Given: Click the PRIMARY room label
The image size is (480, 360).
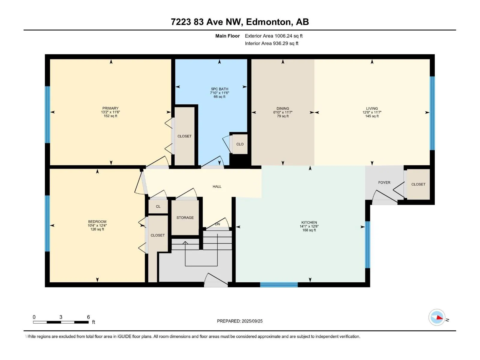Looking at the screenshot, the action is click(110, 108).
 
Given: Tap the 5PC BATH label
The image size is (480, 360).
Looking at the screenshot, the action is click(219, 89).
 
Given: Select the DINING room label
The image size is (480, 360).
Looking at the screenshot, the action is click(283, 108).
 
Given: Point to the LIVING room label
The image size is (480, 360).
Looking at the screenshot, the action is click(372, 108).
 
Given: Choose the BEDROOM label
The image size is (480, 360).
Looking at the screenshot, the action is click(97, 222).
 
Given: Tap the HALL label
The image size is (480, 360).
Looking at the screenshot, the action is click(217, 186).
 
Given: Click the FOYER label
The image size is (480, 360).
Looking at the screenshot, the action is click(384, 182).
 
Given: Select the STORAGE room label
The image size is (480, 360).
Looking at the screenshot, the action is click(185, 217).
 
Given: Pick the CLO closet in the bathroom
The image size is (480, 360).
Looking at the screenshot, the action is click(240, 144).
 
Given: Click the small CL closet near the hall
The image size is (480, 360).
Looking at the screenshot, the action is click(158, 206).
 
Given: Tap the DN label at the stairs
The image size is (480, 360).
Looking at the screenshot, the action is click(217, 224).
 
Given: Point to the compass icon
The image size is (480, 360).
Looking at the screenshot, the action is click(436, 317).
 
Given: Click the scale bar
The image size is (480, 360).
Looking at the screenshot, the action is click(61, 322).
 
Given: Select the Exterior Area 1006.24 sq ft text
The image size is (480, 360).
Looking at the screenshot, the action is click(274, 36).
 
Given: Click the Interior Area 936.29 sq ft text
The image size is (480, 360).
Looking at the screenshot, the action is click(271, 43).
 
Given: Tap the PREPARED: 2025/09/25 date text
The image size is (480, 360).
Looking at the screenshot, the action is click(240, 321).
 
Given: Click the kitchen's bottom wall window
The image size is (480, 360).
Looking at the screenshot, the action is click(279, 285).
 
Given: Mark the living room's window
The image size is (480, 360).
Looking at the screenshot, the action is click(432, 113).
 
